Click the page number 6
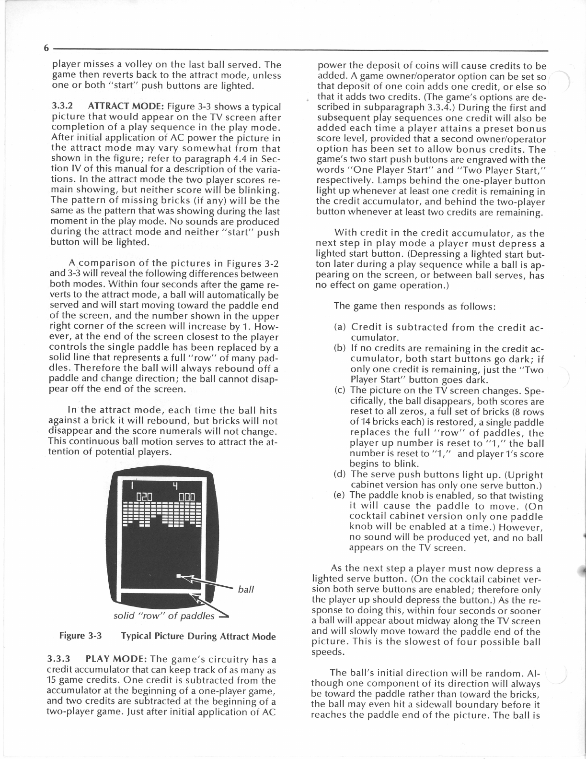coord(46,48)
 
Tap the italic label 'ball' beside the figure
coord(245,589)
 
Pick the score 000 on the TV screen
coord(186,496)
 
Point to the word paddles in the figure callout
coord(198,616)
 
